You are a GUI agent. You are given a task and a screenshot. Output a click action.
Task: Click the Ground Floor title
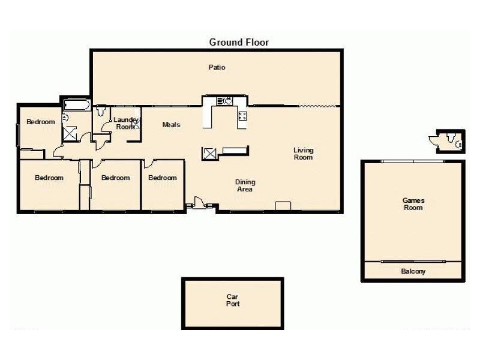point(239,42)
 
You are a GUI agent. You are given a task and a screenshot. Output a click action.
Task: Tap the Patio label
point(217,68)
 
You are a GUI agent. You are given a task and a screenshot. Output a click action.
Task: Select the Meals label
point(172,125)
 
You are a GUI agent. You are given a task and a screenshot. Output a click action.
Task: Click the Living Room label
point(303,154)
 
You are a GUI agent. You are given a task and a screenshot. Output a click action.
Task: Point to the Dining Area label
point(245,185)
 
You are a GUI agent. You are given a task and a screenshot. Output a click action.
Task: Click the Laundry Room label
point(125,124)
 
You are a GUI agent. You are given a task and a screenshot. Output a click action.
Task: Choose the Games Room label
point(413,204)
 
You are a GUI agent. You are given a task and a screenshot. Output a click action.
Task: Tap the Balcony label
point(413,271)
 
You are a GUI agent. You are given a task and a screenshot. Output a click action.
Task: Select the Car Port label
point(233,301)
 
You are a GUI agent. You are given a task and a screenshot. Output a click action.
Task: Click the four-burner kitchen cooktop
point(242,116)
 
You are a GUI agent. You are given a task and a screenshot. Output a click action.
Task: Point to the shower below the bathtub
point(70,133)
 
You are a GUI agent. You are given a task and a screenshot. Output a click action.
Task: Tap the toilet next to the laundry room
point(101,111)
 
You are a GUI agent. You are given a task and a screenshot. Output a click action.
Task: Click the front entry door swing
point(197,203)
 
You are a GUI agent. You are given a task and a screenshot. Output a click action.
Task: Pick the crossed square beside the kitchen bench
point(210,154)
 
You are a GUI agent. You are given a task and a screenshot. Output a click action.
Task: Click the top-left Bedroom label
point(41,122)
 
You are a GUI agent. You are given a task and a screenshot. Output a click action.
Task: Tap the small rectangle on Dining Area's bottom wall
point(283,207)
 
